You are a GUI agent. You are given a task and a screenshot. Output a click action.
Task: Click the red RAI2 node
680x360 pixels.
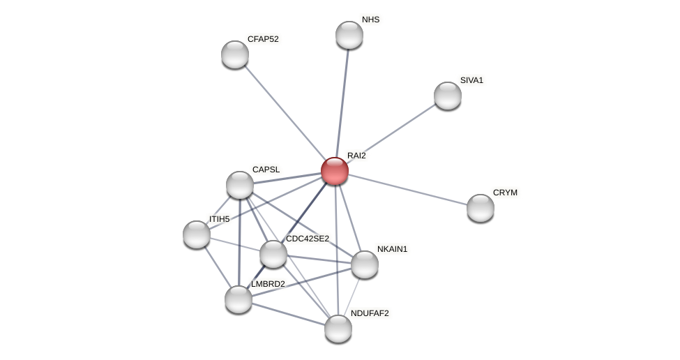pyautogui.click(x=335, y=171)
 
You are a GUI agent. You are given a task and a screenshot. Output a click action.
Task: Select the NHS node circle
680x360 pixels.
pyautogui.click(x=349, y=35)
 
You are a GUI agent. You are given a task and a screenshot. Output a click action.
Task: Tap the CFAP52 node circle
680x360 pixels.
pyautogui.click(x=235, y=54)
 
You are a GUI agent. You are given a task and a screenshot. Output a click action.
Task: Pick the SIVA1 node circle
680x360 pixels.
pyautogui.click(x=448, y=96)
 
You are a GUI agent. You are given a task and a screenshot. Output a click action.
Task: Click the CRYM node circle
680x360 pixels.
pyautogui.click(x=481, y=208)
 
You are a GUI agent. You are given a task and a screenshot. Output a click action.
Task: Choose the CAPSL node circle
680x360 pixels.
pyautogui.click(x=240, y=185)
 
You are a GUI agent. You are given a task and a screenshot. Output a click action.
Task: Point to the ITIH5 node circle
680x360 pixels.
pyautogui.click(x=197, y=234)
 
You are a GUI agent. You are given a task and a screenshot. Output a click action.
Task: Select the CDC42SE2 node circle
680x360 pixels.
pyautogui.click(x=273, y=254)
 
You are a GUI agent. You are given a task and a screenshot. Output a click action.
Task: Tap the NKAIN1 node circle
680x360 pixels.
pyautogui.click(x=365, y=264)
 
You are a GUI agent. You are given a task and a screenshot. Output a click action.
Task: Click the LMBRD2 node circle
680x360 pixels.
pyautogui.click(x=239, y=299)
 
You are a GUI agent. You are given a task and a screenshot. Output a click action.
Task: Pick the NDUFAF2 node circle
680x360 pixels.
pyautogui.click(x=338, y=329)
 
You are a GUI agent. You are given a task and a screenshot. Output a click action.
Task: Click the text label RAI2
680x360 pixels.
pyautogui.click(x=356, y=156)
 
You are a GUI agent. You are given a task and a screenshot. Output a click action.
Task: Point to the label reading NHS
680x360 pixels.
pyautogui.click(x=370, y=20)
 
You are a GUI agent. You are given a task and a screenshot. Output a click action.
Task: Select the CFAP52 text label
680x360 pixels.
pyautogui.click(x=263, y=39)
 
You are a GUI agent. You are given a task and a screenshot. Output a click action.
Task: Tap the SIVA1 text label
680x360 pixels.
pyautogui.click(x=471, y=80)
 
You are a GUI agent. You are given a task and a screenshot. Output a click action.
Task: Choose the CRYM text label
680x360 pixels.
pyautogui.click(x=505, y=193)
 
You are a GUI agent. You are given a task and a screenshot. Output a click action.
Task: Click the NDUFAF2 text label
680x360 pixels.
pyautogui.click(x=370, y=313)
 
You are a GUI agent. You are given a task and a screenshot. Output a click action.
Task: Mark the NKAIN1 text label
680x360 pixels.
pyautogui.click(x=392, y=249)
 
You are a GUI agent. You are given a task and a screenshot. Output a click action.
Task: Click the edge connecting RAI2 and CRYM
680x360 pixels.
pyautogui.click(x=408, y=190)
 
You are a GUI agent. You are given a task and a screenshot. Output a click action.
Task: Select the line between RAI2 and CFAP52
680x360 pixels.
pyautogui.click(x=285, y=112)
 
